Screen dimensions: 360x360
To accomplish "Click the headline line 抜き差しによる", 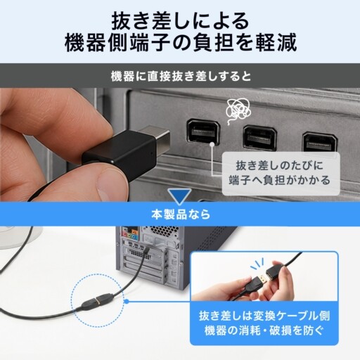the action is point(180,20).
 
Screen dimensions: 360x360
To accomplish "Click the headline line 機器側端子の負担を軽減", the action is point(181,43).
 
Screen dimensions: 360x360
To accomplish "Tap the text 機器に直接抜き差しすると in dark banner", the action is point(181,77).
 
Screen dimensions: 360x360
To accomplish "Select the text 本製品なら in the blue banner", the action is point(181,214).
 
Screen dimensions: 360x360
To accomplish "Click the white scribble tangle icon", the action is point(238,110).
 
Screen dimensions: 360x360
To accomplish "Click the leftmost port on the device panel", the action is point(203,131).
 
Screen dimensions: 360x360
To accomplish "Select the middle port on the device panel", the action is point(260,138).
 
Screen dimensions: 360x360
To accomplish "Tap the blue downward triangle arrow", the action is point(180,196).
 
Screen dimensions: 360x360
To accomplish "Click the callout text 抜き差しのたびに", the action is point(280,165).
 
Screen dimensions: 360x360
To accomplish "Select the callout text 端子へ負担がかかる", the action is point(279,180).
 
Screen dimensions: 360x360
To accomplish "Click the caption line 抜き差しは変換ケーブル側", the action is point(264,316).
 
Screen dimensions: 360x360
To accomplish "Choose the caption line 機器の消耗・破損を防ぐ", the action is point(264,330).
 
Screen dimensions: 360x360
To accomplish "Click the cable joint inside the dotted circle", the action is point(98,301).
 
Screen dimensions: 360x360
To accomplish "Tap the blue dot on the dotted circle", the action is point(127,302).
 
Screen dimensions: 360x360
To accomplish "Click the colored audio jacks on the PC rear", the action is point(131,233).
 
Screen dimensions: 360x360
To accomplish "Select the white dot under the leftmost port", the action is point(212,145).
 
